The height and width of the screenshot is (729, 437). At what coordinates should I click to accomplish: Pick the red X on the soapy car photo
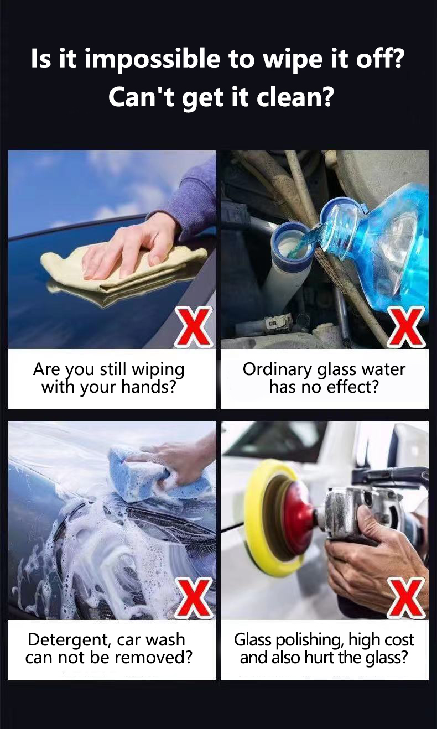[194, 598]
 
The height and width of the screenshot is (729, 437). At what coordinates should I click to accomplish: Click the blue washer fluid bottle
[382, 243]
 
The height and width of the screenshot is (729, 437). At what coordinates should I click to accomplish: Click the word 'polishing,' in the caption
[310, 641]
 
